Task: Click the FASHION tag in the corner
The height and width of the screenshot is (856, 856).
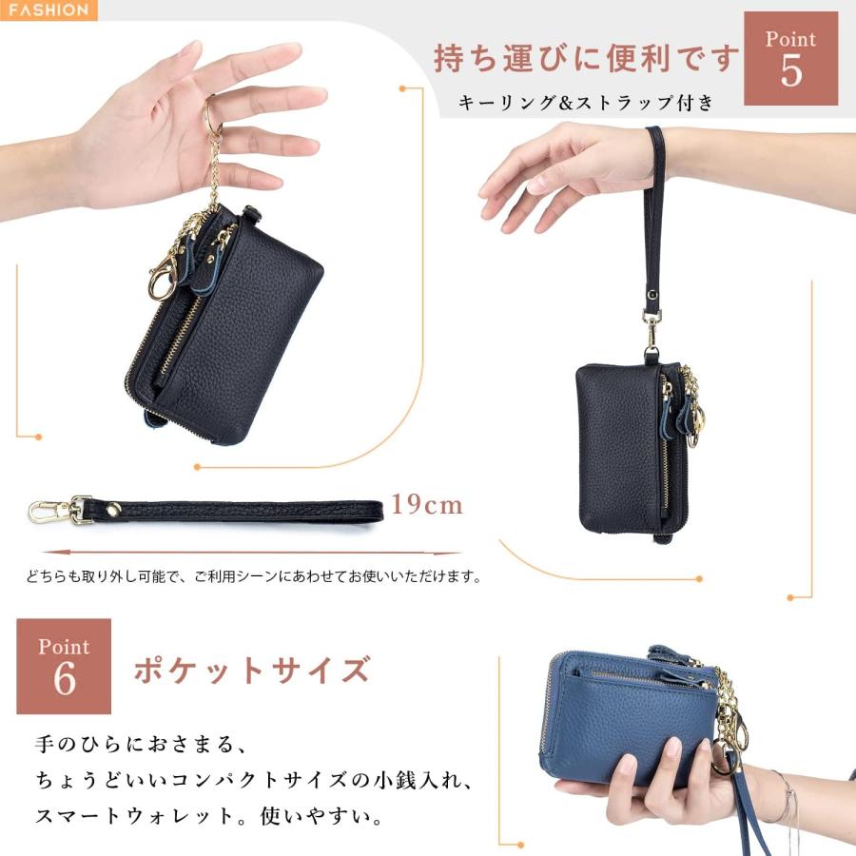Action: (x=48, y=10)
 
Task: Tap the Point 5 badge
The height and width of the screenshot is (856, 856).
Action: (x=790, y=57)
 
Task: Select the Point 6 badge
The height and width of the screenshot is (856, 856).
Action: (x=64, y=666)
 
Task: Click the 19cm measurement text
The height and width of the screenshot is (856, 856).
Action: (x=427, y=504)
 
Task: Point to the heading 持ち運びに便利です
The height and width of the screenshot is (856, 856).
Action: (x=586, y=58)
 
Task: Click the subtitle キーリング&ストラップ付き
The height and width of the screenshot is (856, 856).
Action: (x=586, y=103)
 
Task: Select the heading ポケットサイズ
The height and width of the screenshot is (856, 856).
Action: (x=251, y=670)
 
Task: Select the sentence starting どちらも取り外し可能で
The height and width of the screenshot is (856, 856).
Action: (x=252, y=576)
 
